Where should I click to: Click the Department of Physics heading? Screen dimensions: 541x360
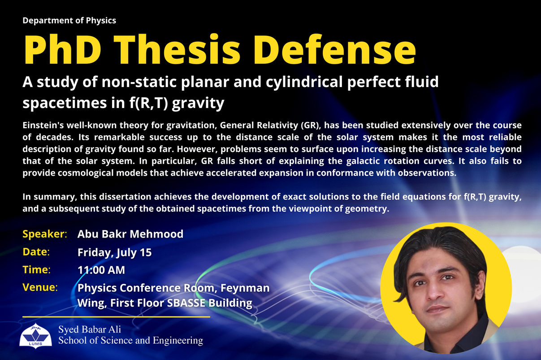click(69, 21)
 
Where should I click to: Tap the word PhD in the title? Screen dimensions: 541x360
click(63, 50)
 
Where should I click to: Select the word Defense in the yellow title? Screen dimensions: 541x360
click(334, 50)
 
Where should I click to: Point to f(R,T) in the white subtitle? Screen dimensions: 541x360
click(148, 103)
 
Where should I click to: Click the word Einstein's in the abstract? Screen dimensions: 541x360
click(43, 125)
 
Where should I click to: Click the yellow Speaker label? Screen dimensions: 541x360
click(45, 234)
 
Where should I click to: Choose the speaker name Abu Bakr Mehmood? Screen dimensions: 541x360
click(130, 234)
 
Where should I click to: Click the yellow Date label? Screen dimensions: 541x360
click(36, 252)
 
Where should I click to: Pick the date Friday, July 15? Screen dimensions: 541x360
click(114, 252)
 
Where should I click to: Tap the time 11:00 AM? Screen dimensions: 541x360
click(101, 270)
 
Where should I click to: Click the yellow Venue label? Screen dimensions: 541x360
click(40, 287)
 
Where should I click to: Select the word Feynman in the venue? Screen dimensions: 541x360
click(245, 288)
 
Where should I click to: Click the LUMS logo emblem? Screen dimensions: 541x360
click(35, 336)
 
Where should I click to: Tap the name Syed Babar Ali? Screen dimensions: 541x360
click(90, 330)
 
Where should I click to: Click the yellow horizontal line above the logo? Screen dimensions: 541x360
click(116, 317)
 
